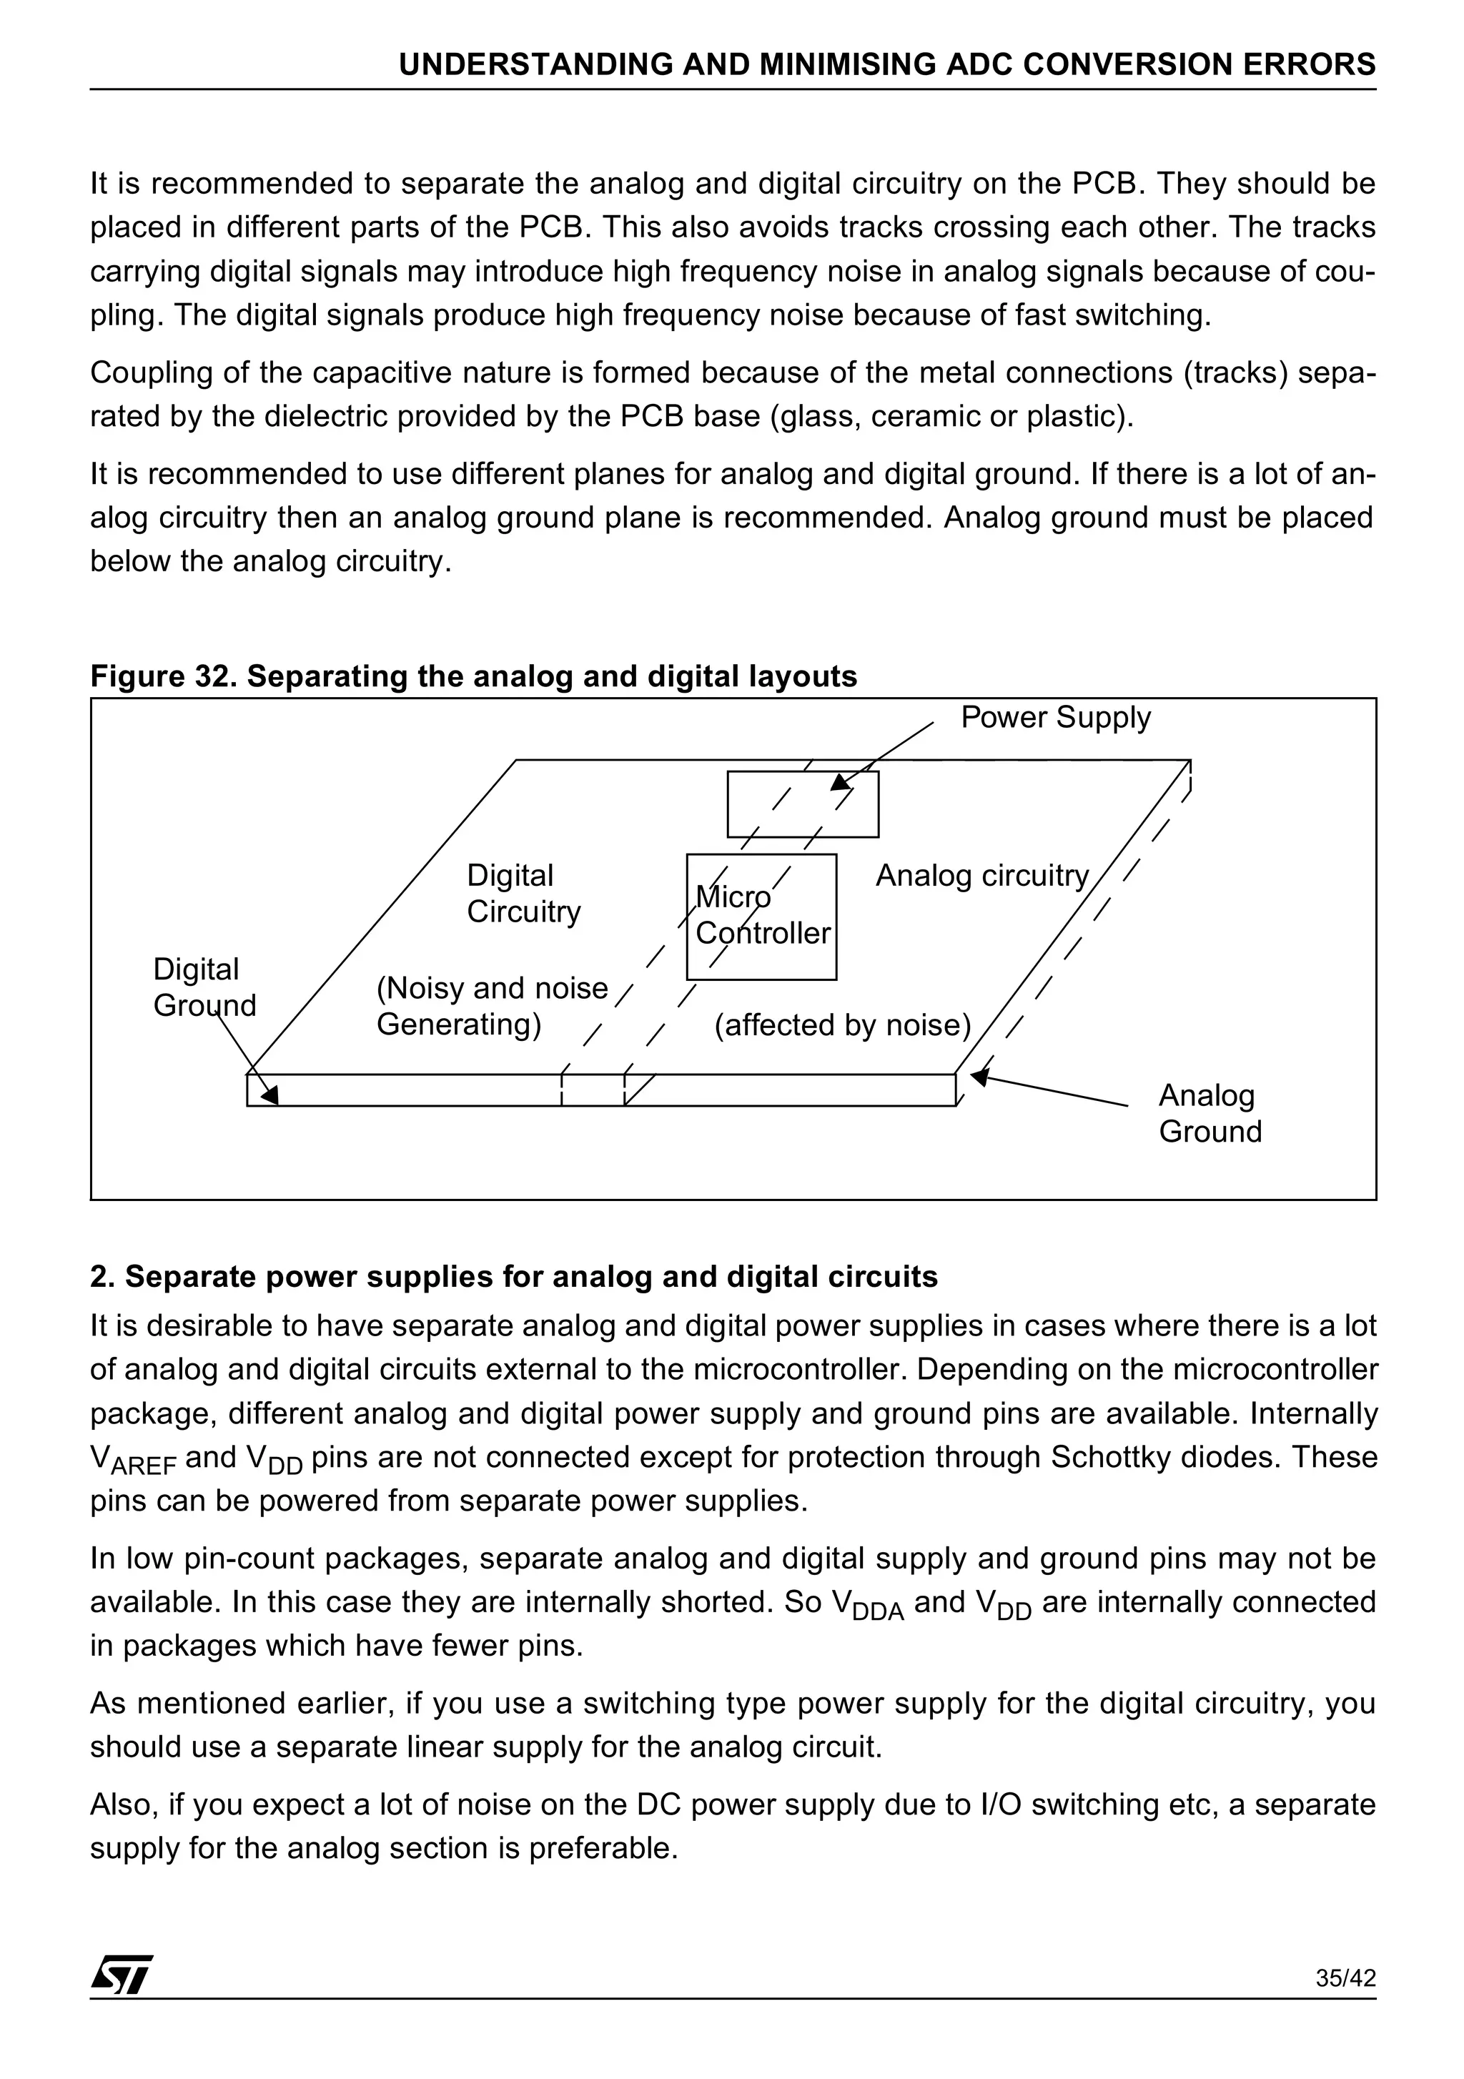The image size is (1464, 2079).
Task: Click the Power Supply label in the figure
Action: (x=1055, y=717)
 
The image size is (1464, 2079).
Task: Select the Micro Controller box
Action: (x=761, y=917)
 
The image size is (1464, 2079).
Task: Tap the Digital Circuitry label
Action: (x=523, y=893)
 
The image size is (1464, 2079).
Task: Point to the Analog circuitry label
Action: (x=981, y=876)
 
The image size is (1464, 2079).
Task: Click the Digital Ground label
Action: (x=204, y=987)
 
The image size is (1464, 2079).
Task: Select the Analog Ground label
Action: (x=1210, y=1113)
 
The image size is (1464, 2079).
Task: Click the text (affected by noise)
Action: (x=842, y=1025)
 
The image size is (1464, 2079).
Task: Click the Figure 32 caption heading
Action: (x=473, y=676)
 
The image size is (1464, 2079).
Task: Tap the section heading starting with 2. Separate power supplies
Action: (x=513, y=1276)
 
